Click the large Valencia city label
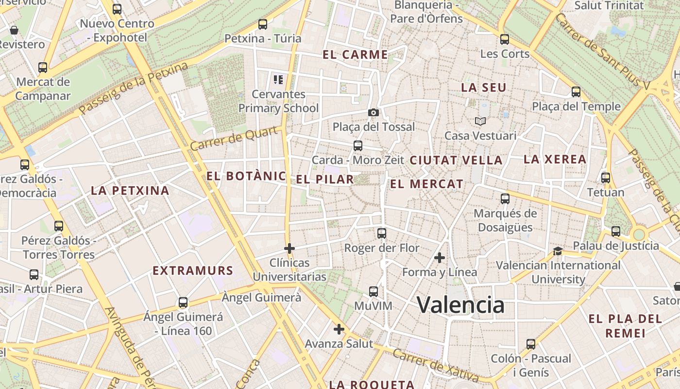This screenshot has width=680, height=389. click(460, 305)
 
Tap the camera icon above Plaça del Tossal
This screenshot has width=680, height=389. click(373, 113)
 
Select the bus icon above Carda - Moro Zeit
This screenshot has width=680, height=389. click(358, 145)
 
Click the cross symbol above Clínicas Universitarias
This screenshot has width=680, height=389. click(289, 248)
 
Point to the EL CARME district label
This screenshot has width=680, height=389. click(356, 54)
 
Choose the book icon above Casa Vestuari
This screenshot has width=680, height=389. click(480, 121)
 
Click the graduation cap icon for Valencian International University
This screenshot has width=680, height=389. click(558, 251)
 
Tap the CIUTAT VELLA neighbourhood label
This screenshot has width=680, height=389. click(456, 160)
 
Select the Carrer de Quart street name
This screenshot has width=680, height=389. click(235, 138)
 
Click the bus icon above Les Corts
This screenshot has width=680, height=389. click(505, 39)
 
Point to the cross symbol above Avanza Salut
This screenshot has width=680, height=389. click(339, 329)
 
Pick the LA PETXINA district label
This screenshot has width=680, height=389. click(130, 191)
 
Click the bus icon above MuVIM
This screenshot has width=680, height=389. click(373, 292)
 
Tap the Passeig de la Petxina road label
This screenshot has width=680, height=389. click(134, 88)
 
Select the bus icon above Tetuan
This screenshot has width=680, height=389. click(606, 178)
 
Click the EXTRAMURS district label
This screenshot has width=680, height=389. click(193, 271)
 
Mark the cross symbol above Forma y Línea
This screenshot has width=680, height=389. click(440, 258)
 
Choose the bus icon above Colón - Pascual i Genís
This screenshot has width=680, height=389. click(531, 344)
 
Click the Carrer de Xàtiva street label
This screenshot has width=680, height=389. click(436, 365)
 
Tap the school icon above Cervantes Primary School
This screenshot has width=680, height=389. click(278, 79)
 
